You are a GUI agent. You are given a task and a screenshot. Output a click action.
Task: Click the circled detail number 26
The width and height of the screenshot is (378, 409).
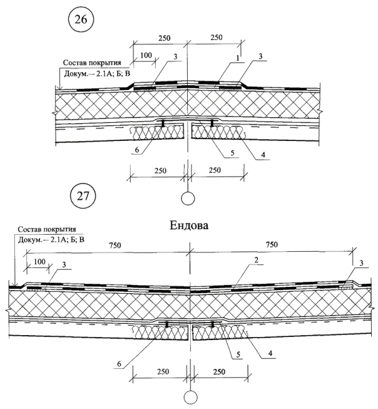81,19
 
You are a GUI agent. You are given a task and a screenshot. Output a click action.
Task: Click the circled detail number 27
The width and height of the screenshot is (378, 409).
83,196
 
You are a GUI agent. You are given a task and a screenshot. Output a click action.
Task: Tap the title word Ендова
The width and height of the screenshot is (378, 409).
189,225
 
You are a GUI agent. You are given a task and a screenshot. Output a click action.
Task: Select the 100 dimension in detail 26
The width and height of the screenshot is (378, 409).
146,55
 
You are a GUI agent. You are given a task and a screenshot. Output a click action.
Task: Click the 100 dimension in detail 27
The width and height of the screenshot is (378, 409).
39,261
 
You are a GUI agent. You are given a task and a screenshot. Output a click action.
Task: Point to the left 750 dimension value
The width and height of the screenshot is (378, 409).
115,246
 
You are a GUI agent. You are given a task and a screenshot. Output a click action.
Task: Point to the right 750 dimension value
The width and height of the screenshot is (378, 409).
272,244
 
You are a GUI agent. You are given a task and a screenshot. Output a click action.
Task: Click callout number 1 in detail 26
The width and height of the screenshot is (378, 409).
238,58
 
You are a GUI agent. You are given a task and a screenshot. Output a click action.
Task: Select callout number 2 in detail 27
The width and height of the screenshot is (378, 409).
256,260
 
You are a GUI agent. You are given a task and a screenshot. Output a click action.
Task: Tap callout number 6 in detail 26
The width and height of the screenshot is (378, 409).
137,150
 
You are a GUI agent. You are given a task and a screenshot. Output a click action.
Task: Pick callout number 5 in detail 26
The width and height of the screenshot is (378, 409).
233,153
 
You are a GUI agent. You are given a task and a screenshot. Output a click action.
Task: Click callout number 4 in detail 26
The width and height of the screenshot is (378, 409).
263,155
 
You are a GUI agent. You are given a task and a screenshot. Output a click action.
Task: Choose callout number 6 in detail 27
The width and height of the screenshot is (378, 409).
119,364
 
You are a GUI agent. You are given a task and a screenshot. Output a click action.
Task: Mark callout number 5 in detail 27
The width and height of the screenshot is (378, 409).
238,355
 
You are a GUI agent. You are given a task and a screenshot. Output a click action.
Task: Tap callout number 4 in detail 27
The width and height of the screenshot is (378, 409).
270,353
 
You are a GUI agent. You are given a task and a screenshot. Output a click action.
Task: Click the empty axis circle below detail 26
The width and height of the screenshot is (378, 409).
188,199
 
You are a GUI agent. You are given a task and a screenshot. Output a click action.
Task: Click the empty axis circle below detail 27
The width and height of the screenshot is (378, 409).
190,398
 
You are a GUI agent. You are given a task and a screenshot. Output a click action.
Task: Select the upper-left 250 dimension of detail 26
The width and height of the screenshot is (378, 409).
164,38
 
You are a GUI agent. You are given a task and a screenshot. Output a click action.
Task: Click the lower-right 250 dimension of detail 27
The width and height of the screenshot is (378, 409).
219,371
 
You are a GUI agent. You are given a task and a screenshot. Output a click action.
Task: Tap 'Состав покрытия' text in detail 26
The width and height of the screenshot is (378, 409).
92,63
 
